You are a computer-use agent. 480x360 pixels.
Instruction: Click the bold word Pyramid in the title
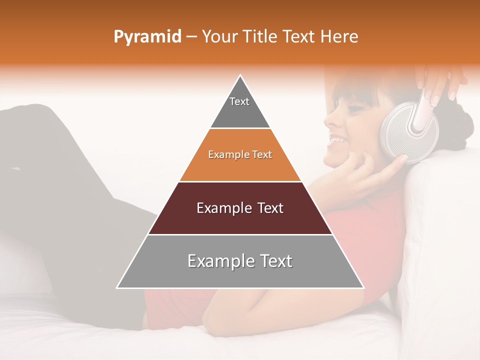(147, 37)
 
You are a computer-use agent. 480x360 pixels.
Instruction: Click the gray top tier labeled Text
(239, 107)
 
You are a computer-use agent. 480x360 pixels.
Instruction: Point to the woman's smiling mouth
(336, 141)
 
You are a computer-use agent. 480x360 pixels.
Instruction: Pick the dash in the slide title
(191, 37)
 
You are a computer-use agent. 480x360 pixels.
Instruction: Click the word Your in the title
(218, 37)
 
